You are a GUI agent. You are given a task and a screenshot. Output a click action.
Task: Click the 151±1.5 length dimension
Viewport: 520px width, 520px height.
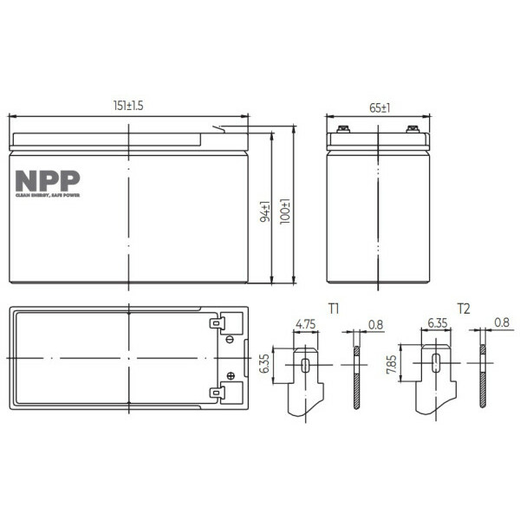(x=128, y=106)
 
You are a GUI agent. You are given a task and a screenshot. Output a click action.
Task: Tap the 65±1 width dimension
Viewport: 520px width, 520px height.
(x=380, y=108)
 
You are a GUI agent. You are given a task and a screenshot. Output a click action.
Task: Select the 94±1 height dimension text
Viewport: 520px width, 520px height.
(x=265, y=211)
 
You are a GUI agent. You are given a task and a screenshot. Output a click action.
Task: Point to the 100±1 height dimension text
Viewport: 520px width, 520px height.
(x=285, y=211)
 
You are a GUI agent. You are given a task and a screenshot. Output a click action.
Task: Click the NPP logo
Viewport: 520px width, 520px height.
(x=48, y=184)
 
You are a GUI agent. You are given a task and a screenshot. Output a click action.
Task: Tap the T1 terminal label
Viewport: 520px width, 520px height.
(x=334, y=309)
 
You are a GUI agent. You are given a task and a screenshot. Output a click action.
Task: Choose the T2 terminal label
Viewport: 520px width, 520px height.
(x=464, y=309)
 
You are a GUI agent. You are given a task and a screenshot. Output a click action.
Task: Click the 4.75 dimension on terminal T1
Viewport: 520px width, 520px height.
(x=305, y=324)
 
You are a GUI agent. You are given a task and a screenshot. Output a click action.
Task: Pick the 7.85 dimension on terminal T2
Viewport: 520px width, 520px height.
(x=392, y=364)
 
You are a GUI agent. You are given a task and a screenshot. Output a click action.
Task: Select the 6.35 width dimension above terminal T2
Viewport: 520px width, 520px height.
(x=438, y=323)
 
